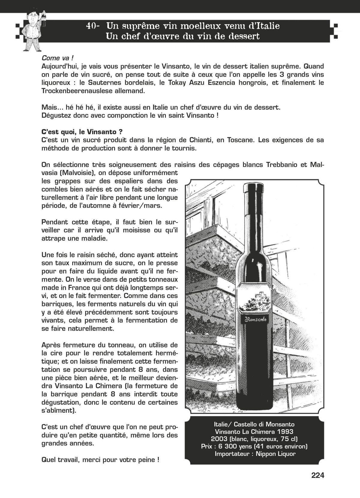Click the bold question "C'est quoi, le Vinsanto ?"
(x=82, y=132)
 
